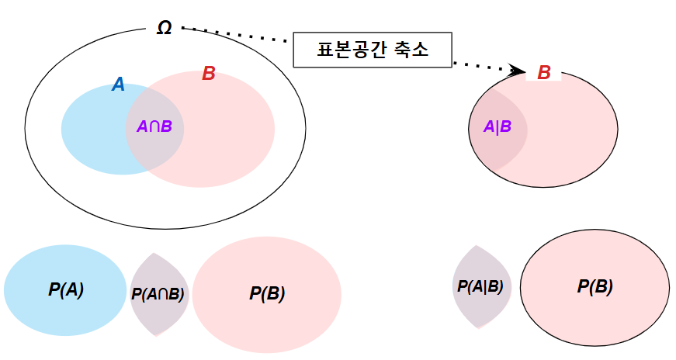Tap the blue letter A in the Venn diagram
[x=118, y=85]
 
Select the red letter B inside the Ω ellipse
[x=208, y=74]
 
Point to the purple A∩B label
[x=154, y=126]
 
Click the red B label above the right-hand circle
[x=544, y=73]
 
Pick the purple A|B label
[x=497, y=126]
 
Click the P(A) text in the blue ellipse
[x=65, y=290]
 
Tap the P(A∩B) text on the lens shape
[x=158, y=294]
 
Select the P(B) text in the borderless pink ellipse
[x=267, y=294]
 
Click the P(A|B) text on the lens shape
[x=480, y=286]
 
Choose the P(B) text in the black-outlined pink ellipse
[x=595, y=286]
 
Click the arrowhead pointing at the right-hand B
[x=519, y=71]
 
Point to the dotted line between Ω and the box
[x=237, y=35]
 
